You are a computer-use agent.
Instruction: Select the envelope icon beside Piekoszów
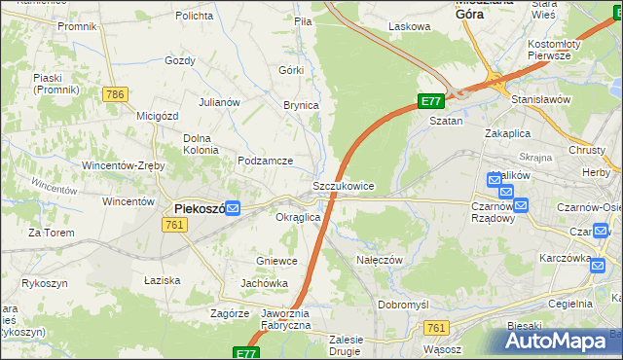pyautogui.click(x=233, y=207)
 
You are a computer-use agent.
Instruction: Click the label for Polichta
pyautogui.click(x=195, y=17)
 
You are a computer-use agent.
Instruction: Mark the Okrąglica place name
pyautogui.click(x=298, y=217)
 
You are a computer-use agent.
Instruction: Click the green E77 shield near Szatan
pyautogui.click(x=432, y=101)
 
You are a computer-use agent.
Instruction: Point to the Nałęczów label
pyautogui.click(x=380, y=260)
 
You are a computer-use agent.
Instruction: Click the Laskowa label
pyautogui.click(x=409, y=27)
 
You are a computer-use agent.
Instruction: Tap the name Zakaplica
pyautogui.click(x=512, y=131)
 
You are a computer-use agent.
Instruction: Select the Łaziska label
pyautogui.click(x=162, y=280)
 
